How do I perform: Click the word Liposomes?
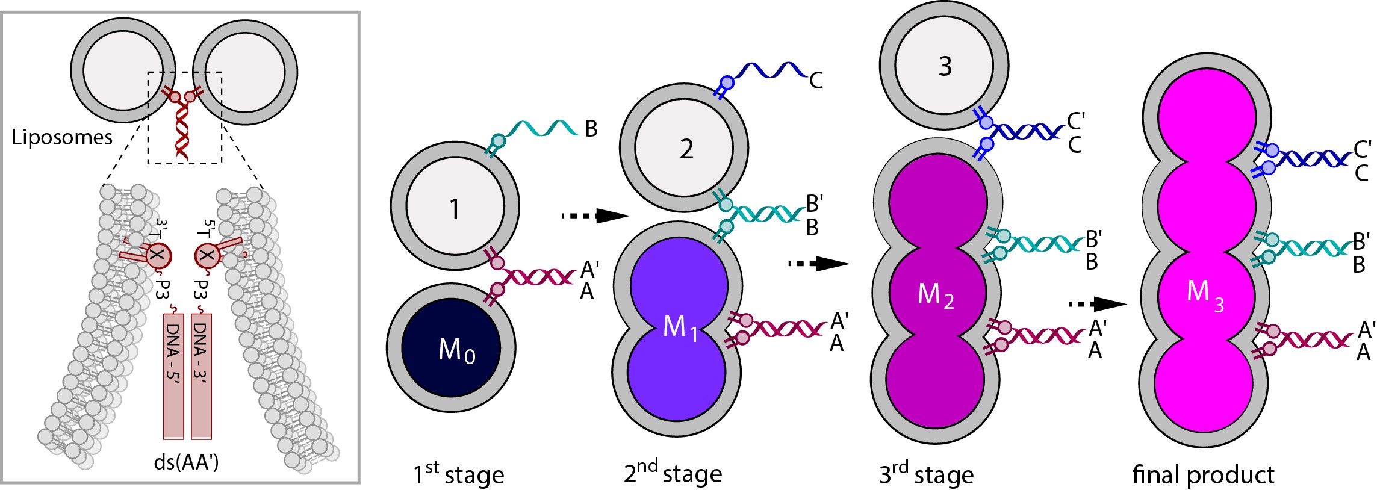tap(62, 138)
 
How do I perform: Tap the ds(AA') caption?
tap(187, 462)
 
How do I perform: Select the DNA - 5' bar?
tap(173, 376)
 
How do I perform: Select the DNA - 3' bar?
tap(201, 376)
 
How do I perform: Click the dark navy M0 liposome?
tap(452, 348)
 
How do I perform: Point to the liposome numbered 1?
tap(455, 208)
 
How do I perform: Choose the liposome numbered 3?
tap(945, 66)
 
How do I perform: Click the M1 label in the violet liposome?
tap(680, 328)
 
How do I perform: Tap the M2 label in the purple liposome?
tap(935, 296)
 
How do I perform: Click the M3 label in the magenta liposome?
tap(1204, 293)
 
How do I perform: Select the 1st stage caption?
tap(458, 474)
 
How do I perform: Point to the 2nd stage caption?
tap(673, 473)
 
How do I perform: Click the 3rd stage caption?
tap(926, 474)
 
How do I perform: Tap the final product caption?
tap(1203, 475)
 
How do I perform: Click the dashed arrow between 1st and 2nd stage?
tap(595, 215)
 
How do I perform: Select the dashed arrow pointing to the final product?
tap(1097, 304)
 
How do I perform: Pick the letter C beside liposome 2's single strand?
tap(816, 81)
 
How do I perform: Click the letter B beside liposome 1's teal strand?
tap(591, 129)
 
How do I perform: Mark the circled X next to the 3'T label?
tap(158, 256)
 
